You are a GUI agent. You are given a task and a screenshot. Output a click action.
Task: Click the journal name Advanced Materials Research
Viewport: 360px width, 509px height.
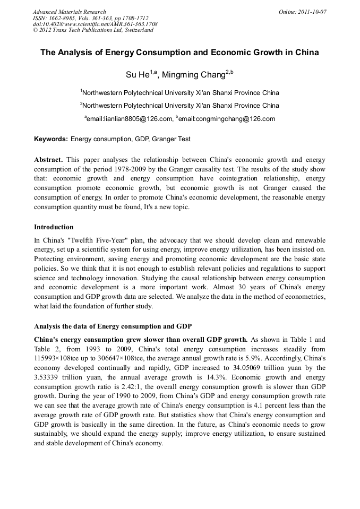coord(69,12)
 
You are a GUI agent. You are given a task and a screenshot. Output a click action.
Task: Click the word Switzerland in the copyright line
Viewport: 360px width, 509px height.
coord(137,30)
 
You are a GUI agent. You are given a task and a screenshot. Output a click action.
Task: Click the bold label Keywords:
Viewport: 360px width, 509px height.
coord(51,139)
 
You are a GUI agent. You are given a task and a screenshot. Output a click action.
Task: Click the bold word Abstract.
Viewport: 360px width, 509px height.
coord(48,160)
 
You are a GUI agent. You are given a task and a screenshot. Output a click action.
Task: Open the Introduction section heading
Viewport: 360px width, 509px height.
coord(54,227)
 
